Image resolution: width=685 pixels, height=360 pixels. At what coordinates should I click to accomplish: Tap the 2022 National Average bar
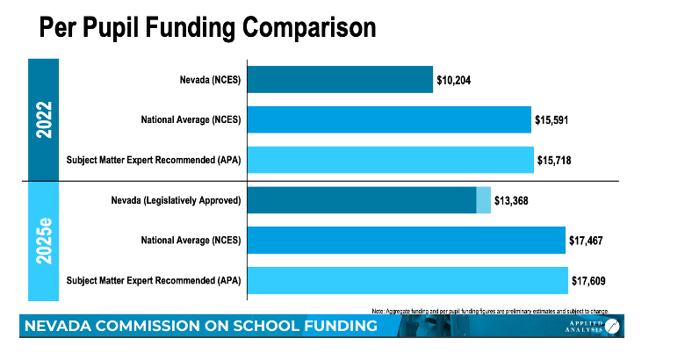click(390, 119)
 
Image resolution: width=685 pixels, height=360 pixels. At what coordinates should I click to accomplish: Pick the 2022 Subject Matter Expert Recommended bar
click(391, 159)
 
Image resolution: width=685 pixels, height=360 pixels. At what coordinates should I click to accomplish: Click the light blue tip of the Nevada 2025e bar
click(484, 200)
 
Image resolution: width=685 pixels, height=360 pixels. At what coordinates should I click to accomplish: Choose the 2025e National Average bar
click(407, 240)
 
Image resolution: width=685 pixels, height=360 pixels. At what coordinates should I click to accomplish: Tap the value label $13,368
click(515, 200)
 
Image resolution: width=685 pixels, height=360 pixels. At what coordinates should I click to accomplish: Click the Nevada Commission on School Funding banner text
click(202, 327)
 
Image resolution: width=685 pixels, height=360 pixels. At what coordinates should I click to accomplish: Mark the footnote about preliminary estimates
click(490, 310)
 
